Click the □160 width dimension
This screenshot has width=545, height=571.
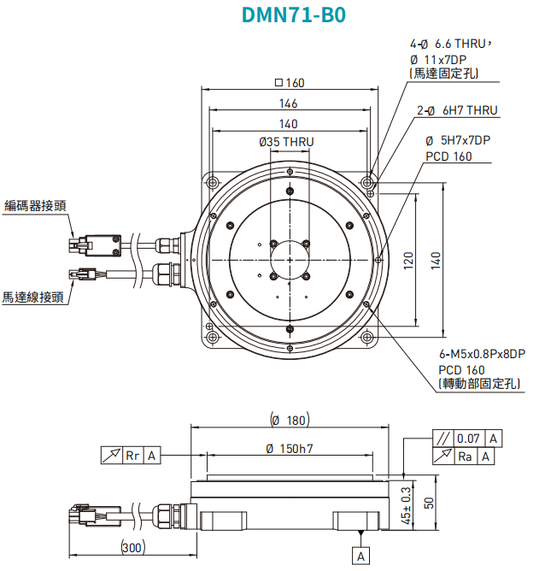tap(290, 83)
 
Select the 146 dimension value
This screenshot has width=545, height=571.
tap(289, 103)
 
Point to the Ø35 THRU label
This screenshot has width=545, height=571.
tap(286, 141)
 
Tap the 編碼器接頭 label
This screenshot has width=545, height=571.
tap(35, 205)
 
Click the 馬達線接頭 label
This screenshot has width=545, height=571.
tap(33, 297)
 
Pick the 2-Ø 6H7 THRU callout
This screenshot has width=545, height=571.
tap(457, 111)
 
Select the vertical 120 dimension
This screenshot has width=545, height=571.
tap(409, 259)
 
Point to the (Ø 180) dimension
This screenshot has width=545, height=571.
tap(289, 420)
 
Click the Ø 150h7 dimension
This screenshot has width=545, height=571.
tap(289, 449)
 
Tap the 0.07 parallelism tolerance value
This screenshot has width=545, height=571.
tap(468, 439)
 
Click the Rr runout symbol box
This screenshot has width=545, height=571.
tap(132, 456)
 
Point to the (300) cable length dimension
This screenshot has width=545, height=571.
tap(132, 548)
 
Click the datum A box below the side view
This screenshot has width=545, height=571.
tap(362, 556)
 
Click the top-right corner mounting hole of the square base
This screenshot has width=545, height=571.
tap(368, 183)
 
